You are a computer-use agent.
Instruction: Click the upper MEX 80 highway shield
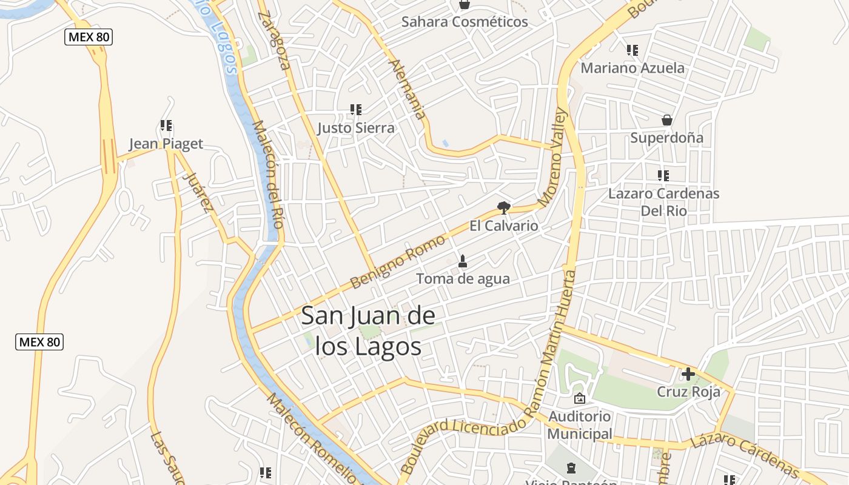click(x=89, y=37)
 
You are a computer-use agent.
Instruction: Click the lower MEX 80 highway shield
click(x=39, y=342)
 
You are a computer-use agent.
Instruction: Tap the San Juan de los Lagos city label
click(x=368, y=332)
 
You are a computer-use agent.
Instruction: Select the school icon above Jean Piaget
click(x=166, y=126)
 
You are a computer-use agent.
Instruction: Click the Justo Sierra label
click(x=356, y=128)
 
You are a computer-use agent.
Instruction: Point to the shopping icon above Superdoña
click(x=667, y=120)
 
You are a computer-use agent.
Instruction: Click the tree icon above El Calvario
click(x=503, y=209)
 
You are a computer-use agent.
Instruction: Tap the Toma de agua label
click(x=463, y=279)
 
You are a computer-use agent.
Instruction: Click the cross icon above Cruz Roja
click(x=688, y=374)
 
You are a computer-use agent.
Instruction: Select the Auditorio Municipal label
click(x=580, y=426)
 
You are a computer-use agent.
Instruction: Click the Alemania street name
click(x=407, y=89)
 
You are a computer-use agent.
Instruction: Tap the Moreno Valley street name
click(x=552, y=157)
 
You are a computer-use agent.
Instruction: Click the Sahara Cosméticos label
click(x=465, y=22)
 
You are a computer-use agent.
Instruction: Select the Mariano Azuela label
click(x=633, y=68)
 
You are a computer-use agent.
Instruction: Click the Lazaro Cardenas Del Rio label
click(x=663, y=202)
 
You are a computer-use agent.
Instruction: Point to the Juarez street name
click(x=198, y=193)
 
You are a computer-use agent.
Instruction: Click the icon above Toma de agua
click(x=463, y=261)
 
